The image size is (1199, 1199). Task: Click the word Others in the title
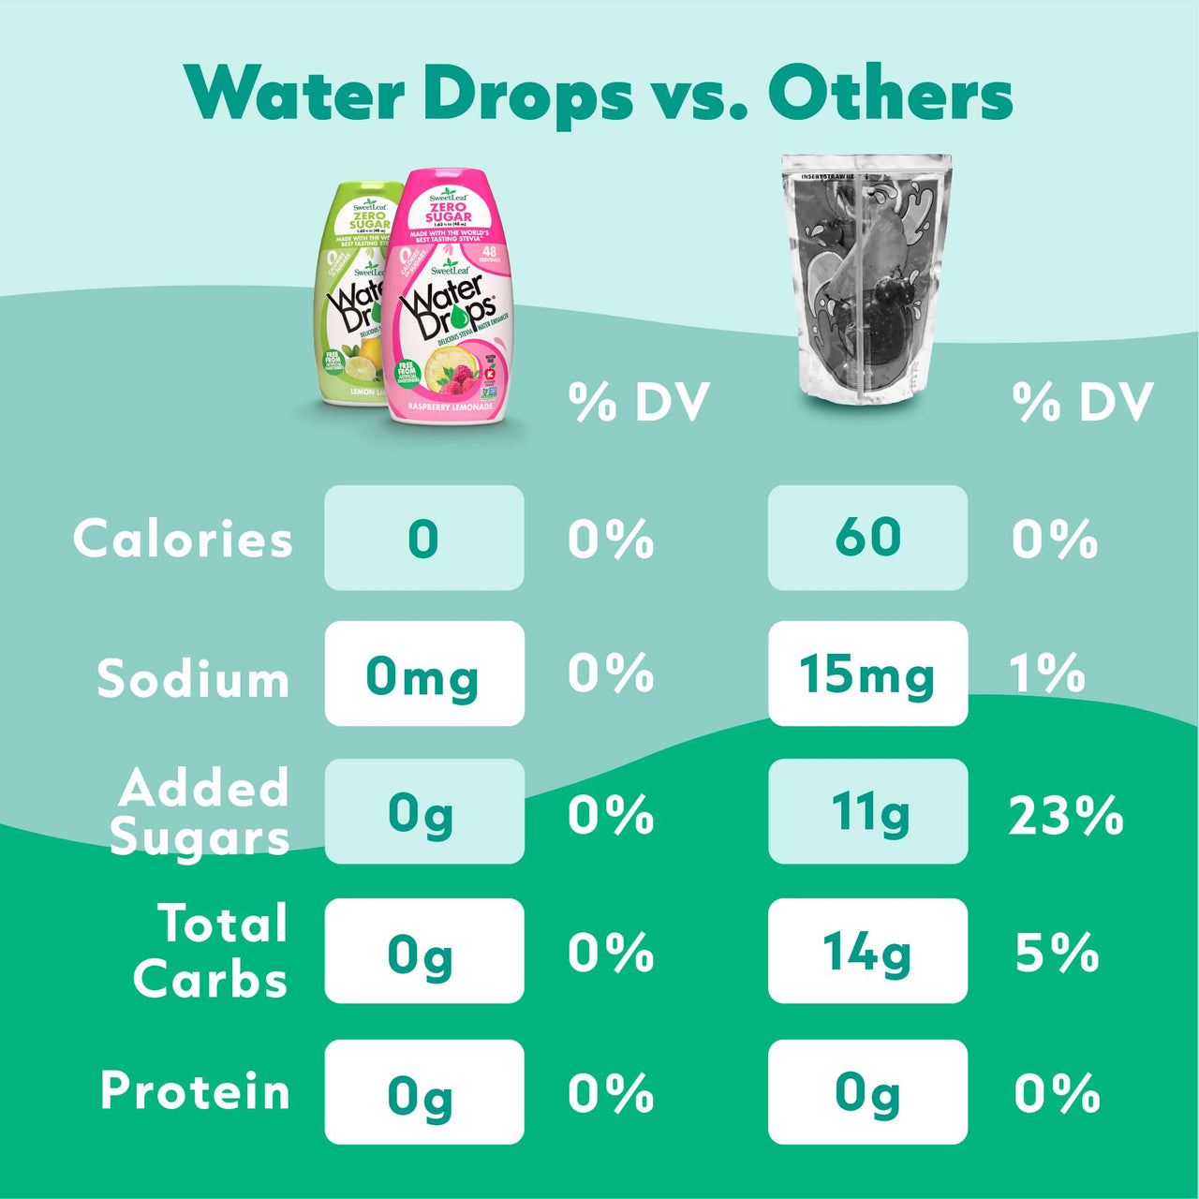(890, 95)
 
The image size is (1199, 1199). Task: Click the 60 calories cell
(867, 538)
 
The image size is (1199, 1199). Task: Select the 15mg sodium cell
(867, 674)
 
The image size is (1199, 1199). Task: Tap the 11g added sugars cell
(867, 811)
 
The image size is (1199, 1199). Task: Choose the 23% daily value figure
(1066, 815)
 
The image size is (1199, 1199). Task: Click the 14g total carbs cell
(867, 951)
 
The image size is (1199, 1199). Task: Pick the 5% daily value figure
(1057, 953)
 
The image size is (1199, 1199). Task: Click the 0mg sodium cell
(423, 674)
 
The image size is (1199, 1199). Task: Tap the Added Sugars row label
(200, 812)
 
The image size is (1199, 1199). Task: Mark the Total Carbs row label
(212, 951)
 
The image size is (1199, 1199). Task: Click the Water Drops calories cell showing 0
(423, 538)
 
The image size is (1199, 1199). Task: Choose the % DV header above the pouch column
(1083, 403)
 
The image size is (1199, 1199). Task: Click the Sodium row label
(193, 678)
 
